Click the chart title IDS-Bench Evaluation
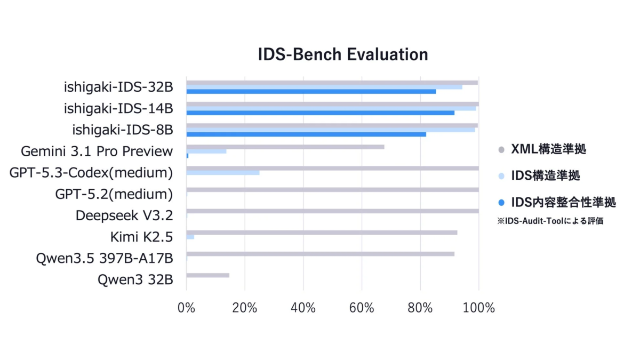(x=343, y=54)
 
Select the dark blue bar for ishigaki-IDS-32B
(x=311, y=91)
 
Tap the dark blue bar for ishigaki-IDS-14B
(x=320, y=113)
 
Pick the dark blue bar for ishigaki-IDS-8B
(x=306, y=134)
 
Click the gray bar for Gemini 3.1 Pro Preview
(x=285, y=147)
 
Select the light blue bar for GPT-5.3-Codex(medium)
(x=223, y=173)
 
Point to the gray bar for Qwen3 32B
(x=208, y=275)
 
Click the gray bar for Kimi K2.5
(x=322, y=233)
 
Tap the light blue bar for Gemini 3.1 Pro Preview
(x=206, y=151)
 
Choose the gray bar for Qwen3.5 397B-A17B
(x=320, y=254)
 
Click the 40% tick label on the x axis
(x=303, y=308)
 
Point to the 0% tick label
(x=186, y=308)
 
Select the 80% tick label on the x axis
(x=420, y=308)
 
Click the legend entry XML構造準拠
(x=548, y=150)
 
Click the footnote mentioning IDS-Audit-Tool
(x=550, y=220)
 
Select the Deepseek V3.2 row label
(x=124, y=215)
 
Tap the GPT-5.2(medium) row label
(x=114, y=194)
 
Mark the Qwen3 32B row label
(x=135, y=279)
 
